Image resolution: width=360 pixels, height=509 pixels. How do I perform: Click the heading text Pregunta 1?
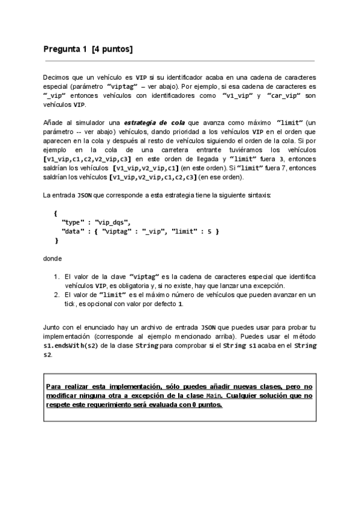65,49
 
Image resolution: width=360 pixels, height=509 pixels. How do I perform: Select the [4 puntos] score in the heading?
112,49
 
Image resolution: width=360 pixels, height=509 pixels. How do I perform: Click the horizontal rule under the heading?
179,61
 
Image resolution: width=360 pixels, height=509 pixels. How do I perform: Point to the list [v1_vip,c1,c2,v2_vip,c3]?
88,158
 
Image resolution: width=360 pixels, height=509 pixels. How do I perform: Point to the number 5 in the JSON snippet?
208,230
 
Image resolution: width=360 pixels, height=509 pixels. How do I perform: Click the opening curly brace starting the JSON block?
55,212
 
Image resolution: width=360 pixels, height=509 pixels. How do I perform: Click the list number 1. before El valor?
56,276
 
